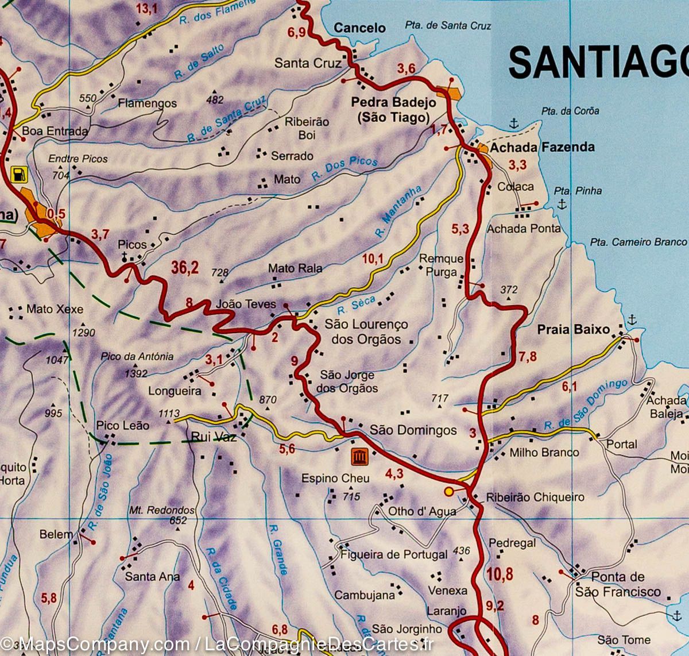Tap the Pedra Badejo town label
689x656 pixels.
coord(393,102)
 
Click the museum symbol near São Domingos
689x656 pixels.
coord(360,457)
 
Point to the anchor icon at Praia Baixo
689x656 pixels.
coord(632,319)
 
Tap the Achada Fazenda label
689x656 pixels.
coord(542,148)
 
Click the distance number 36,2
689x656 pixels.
coord(185,267)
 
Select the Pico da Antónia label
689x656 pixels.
coord(137,356)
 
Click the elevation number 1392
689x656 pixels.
coord(136,373)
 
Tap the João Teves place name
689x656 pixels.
coord(245,304)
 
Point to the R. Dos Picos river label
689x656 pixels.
coord(344,169)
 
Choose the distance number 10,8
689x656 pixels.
coord(499,574)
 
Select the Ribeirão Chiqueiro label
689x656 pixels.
coord(535,497)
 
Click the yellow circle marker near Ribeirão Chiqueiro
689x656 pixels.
coord(448,491)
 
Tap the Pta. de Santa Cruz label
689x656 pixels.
coord(448,25)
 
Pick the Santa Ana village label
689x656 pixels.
coord(152,576)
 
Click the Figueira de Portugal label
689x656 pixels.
coord(393,554)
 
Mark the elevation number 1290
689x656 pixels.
coord(83,333)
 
